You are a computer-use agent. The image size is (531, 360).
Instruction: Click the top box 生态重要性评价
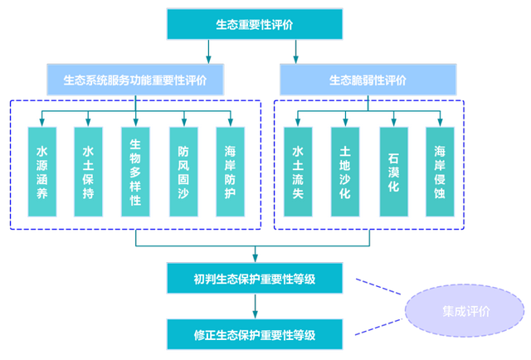coord(254,25)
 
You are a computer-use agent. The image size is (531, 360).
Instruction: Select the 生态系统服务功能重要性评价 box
coord(135,80)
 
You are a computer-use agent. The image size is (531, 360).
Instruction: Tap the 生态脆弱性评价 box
coord(368,80)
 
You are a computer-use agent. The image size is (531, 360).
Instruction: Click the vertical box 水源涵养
coord(42,172)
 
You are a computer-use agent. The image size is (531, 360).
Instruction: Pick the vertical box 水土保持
coord(88,172)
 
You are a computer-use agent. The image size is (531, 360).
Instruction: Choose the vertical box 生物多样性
coord(135,172)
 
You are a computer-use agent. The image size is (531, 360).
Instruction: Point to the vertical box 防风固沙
coord(183,172)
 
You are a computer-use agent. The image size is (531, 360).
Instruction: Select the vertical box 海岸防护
coord(230,172)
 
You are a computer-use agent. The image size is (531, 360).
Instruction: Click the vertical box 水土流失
coord(298,172)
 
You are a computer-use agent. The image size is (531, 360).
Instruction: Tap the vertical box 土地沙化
coord(345,172)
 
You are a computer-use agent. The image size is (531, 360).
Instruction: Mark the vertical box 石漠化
coord(393,172)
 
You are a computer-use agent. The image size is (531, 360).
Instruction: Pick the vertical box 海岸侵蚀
coord(440,172)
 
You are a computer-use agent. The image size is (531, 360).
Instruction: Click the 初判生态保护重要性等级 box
coord(254,278)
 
